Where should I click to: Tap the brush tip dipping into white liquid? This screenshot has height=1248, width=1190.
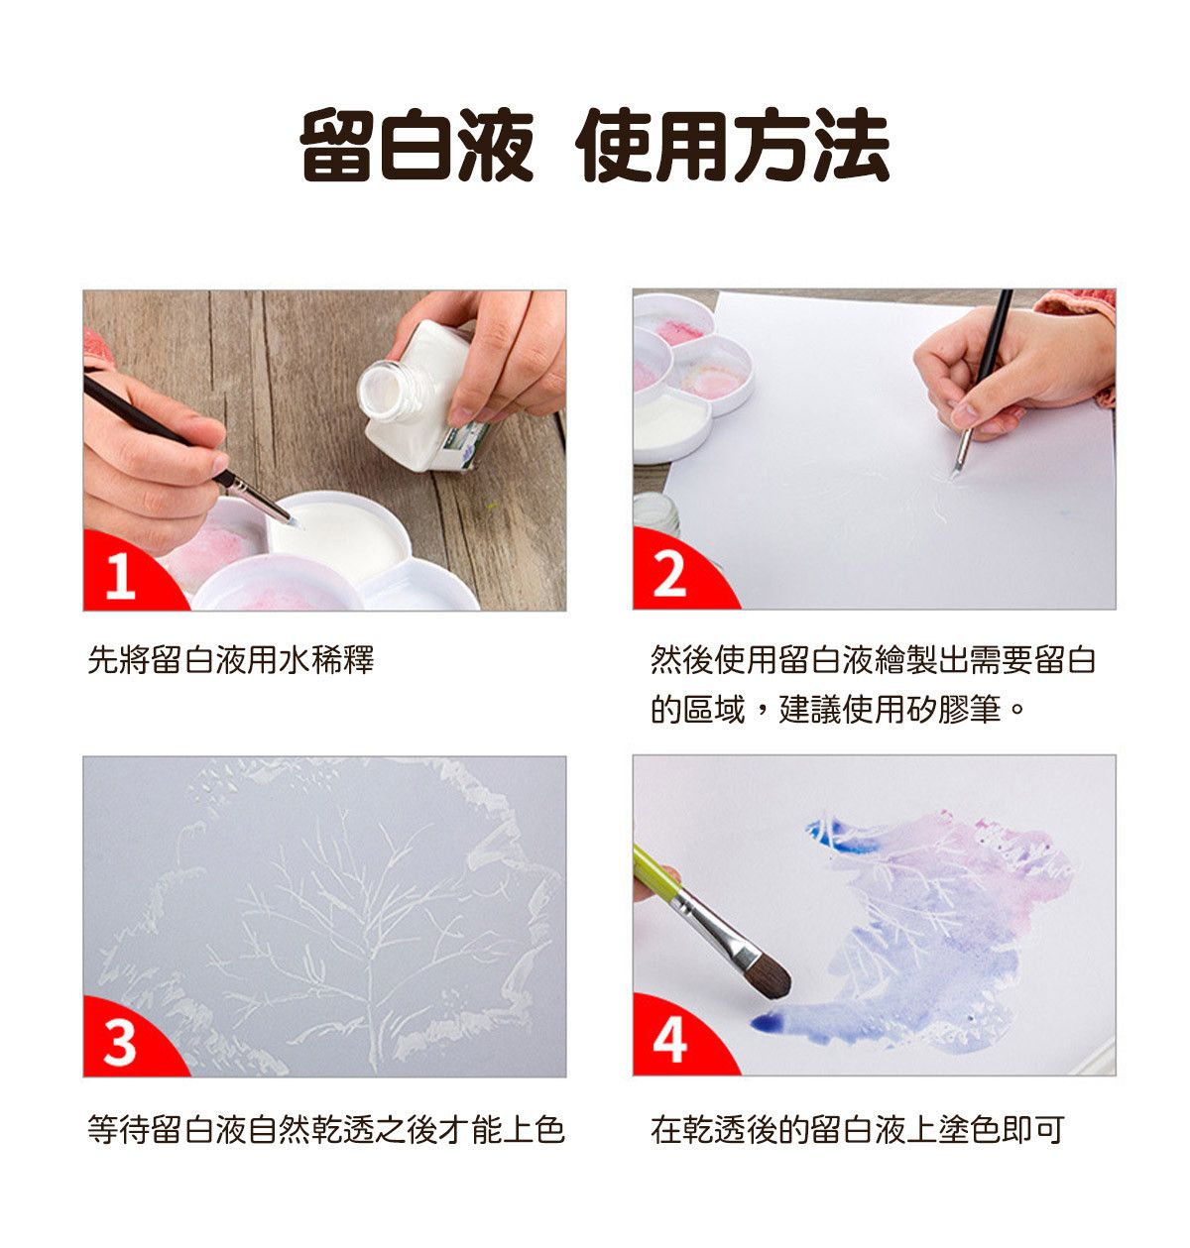coord(293,521)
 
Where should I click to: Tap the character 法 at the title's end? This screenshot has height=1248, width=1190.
coord(852,146)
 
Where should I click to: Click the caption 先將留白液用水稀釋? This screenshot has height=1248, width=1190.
coord(230,659)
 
